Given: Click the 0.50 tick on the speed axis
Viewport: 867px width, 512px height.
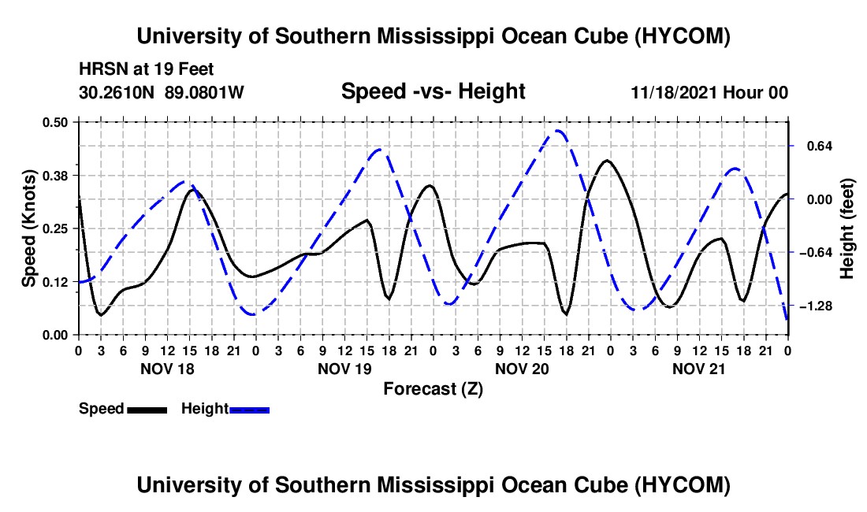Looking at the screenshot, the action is click(x=54, y=122).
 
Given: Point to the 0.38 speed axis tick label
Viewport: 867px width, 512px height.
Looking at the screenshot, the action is click(x=54, y=176).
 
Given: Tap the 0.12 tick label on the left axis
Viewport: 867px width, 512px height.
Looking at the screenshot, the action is click(x=54, y=282).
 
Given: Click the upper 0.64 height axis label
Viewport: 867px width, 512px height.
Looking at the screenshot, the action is click(x=820, y=146).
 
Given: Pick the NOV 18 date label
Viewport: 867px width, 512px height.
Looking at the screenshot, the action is click(x=168, y=369).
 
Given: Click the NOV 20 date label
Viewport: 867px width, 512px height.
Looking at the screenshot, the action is click(x=522, y=369).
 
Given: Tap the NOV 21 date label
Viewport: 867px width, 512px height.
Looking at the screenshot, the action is click(x=698, y=369).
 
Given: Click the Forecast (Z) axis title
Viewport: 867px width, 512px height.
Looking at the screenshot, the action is click(x=433, y=389).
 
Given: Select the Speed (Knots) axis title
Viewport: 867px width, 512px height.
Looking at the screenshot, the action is click(x=28, y=228).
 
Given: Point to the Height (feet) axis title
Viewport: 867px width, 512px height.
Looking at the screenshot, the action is click(x=847, y=228).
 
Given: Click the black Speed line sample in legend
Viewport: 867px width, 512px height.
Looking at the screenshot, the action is click(x=147, y=410).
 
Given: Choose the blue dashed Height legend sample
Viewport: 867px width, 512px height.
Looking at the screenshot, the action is click(x=249, y=410).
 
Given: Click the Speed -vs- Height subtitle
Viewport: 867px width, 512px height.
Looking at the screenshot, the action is click(x=433, y=91).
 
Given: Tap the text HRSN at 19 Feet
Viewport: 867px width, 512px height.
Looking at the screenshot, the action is click(x=146, y=69).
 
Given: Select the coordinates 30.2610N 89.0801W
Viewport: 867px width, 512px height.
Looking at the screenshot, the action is click(x=162, y=91).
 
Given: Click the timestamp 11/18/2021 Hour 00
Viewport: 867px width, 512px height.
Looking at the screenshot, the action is click(x=709, y=92).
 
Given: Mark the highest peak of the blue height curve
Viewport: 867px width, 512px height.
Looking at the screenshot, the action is click(x=557, y=131).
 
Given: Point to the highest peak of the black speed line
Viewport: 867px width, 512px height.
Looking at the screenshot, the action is click(x=607, y=160).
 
